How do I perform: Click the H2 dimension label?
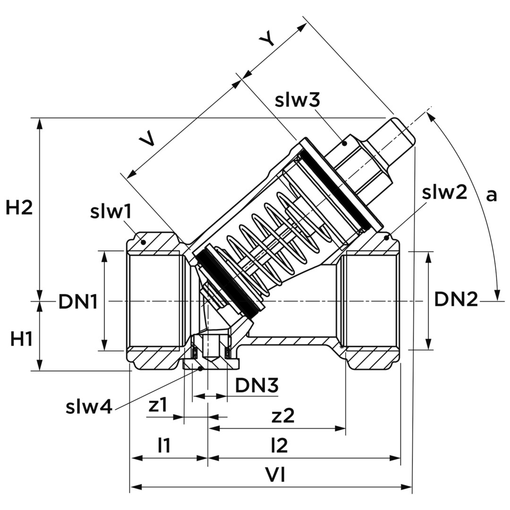[19, 208]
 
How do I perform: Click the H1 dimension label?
[21, 339]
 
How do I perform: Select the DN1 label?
[78, 301]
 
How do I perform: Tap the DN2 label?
[456, 299]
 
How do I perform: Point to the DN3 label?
[256, 386]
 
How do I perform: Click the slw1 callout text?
[110, 212]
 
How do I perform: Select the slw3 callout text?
[298, 100]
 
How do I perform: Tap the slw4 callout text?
[89, 407]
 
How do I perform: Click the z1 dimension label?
[158, 406]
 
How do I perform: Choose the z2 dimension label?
[283, 416]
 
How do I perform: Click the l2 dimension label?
[279, 445]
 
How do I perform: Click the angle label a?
[492, 195]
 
